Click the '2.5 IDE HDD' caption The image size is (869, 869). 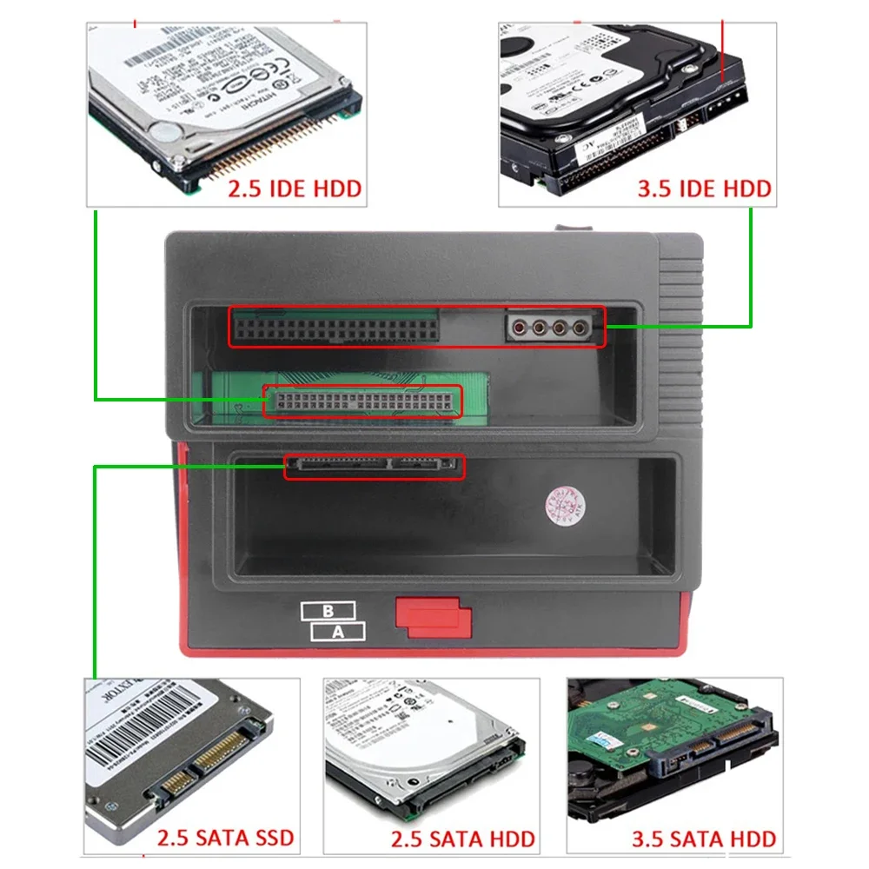(295, 188)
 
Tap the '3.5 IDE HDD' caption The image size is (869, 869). (704, 188)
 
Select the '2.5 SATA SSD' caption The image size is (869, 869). (225, 839)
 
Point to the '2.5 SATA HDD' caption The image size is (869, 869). (462, 839)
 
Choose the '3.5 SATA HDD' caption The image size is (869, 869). (703, 839)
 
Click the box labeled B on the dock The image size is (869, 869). (328, 611)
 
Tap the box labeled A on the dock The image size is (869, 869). (338, 632)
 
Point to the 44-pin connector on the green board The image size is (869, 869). (362, 401)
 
